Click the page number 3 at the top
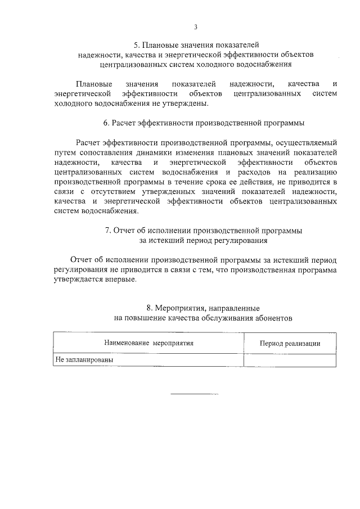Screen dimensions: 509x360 (196, 26)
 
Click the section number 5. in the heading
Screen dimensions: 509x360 (136, 44)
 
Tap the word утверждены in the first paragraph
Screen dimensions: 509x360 (188, 103)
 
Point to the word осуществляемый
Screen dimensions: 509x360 (307, 142)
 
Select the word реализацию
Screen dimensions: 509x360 (314, 172)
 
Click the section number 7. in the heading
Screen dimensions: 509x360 (108, 230)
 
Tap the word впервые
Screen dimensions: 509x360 (121, 280)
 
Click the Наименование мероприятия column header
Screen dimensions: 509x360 (148, 343)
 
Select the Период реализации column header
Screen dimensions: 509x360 (290, 343)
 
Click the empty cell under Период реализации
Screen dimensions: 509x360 (290, 359)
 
